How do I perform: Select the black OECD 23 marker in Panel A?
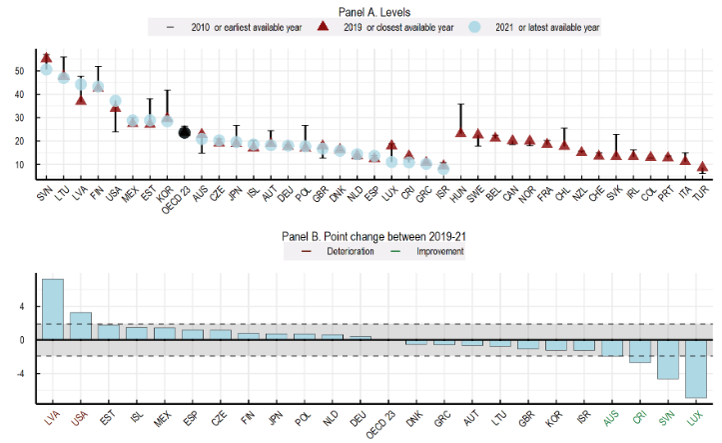[185, 132]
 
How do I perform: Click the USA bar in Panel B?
[81, 326]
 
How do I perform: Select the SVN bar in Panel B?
[667, 359]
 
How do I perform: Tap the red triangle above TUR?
[703, 167]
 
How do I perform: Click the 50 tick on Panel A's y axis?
[19, 71]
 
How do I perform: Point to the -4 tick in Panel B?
[19, 374]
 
